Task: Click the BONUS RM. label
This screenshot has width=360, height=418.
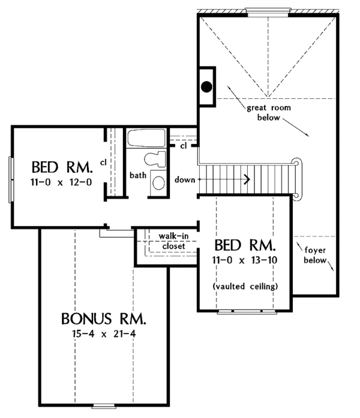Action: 104,318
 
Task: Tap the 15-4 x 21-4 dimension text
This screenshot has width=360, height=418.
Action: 104,334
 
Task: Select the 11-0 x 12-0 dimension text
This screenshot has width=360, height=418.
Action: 61,182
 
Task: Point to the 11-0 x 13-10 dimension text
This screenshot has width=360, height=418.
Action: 245,260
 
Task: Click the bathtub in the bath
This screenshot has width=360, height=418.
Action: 146,138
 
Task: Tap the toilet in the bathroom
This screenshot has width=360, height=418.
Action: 155,159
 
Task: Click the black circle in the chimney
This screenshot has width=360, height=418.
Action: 206,86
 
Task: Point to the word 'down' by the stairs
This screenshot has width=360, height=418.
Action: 185,180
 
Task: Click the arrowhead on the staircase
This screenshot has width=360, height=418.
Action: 247,179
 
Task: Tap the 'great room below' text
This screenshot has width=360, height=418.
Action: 269,113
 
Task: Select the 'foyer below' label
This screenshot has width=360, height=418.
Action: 315,255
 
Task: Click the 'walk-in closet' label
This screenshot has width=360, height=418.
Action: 173,241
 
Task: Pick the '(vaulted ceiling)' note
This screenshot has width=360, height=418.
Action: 245,286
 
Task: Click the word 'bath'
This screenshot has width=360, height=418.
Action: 138,175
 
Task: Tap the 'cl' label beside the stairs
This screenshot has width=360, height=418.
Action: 184,146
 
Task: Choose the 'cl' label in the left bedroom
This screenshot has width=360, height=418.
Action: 103,163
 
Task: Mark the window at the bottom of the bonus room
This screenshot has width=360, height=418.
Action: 104,407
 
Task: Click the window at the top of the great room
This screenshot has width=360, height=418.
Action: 268,13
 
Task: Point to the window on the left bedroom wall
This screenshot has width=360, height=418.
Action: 11,180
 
